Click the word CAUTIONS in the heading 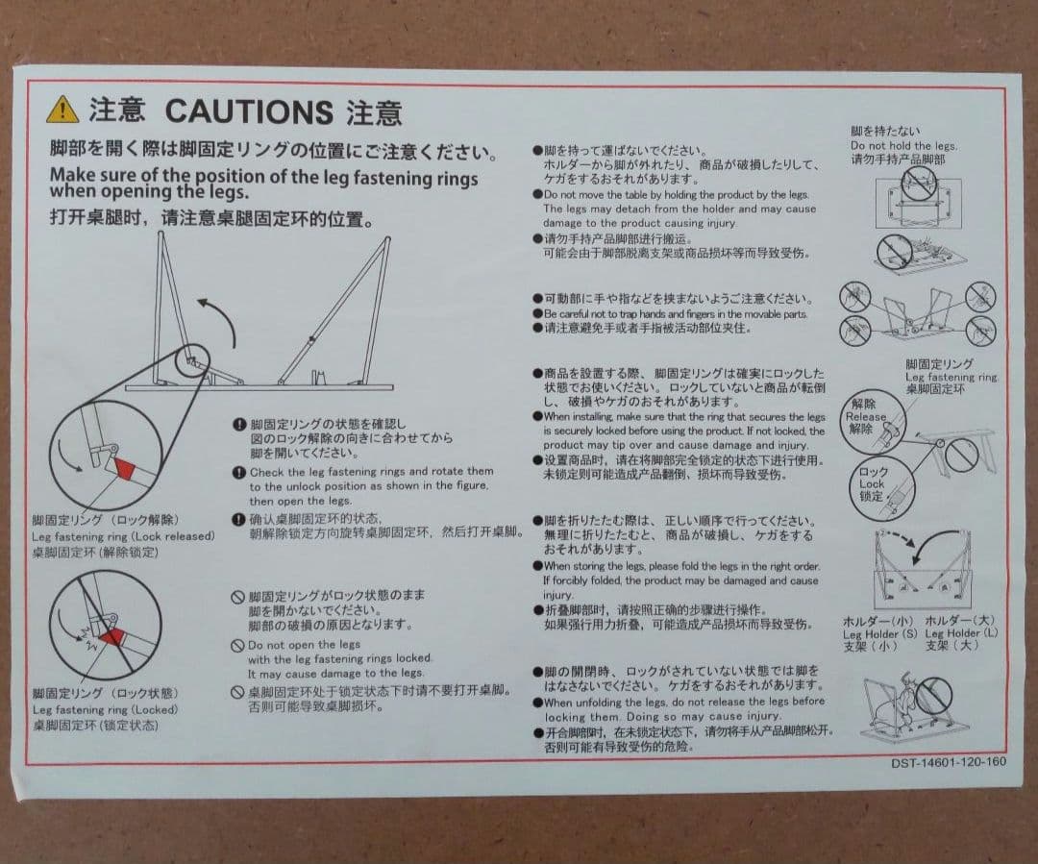(x=249, y=111)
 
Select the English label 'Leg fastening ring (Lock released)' (x=123, y=535)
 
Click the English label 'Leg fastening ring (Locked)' (x=106, y=709)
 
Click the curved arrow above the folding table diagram (x=219, y=318)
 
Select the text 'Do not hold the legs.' (x=903, y=145)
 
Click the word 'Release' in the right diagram (x=865, y=417)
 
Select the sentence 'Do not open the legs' (x=304, y=645)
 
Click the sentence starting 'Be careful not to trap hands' (x=676, y=314)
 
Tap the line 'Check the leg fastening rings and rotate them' (x=371, y=472)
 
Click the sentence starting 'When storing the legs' (x=681, y=566)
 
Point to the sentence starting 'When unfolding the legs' (x=684, y=702)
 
